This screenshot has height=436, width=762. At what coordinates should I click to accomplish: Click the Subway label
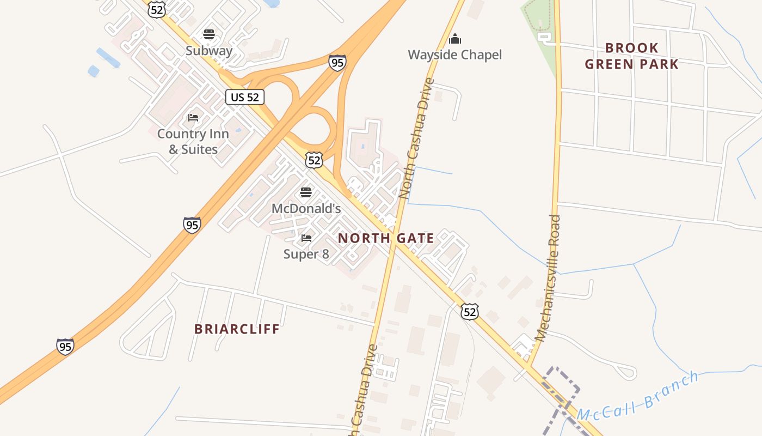(x=209, y=51)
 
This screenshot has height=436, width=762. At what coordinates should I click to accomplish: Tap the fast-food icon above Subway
(x=209, y=35)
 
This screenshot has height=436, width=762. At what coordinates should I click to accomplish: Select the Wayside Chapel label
(x=454, y=55)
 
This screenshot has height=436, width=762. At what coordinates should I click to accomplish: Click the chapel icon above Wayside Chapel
(x=454, y=39)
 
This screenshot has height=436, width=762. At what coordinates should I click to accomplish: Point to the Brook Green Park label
(x=632, y=56)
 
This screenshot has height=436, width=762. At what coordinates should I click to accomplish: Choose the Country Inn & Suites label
(x=193, y=141)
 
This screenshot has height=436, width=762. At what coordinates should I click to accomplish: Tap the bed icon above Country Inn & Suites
(x=193, y=118)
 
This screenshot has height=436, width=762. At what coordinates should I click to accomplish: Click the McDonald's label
(x=306, y=208)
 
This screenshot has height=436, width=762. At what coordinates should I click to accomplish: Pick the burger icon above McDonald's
(x=306, y=192)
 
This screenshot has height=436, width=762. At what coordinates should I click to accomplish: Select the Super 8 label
(x=306, y=254)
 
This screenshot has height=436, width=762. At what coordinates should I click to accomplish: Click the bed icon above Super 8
(x=306, y=238)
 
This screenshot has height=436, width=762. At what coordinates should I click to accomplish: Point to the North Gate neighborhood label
(x=386, y=238)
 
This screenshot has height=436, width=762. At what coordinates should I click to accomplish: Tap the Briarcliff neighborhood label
(x=237, y=329)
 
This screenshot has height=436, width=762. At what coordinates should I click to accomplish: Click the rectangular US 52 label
(x=245, y=97)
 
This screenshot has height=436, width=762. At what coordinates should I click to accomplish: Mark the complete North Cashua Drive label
(x=417, y=138)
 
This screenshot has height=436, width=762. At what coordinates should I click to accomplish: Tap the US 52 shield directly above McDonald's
(x=314, y=160)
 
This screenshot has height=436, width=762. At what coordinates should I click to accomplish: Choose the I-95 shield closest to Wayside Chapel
(x=337, y=63)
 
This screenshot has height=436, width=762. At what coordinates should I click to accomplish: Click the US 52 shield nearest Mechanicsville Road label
(x=469, y=311)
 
